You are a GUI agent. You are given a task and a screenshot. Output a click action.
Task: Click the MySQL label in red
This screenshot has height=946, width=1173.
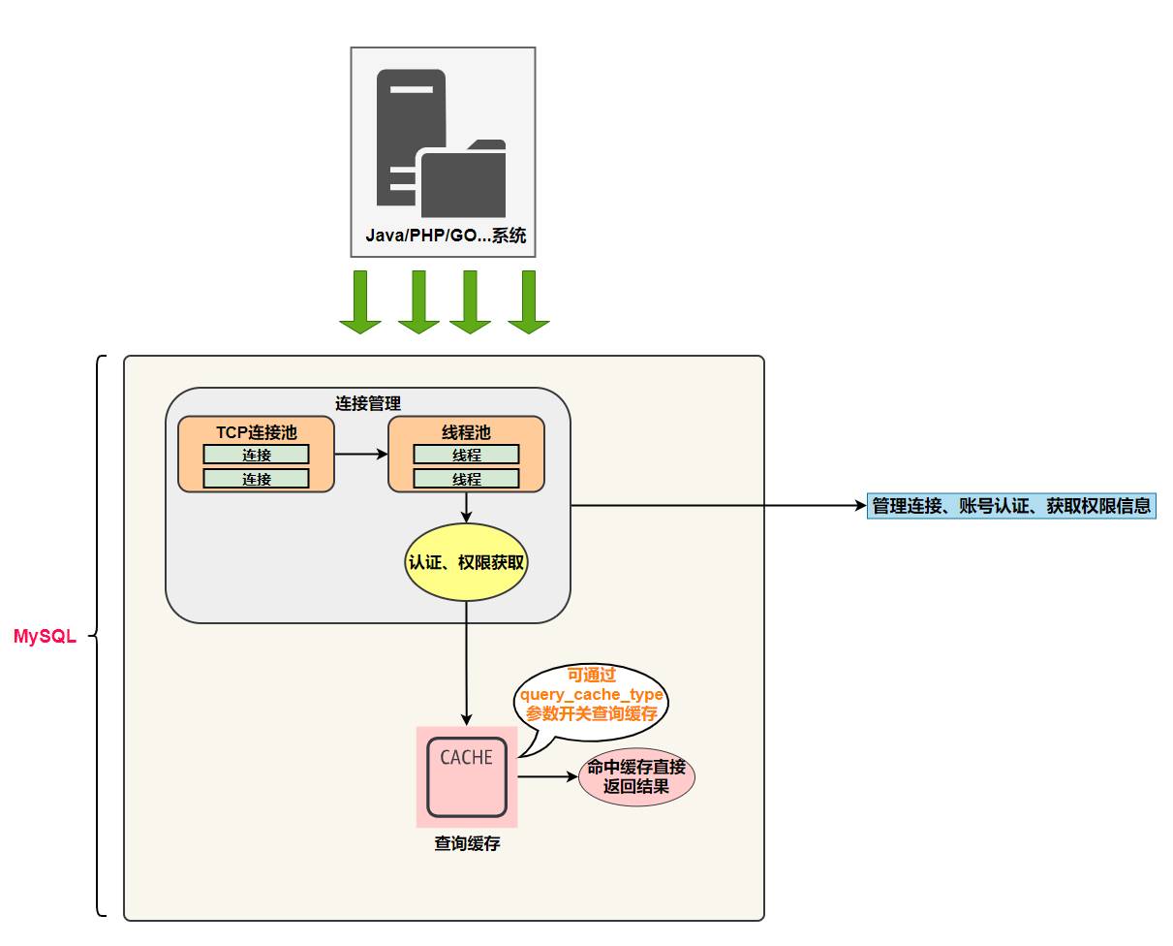tap(45, 637)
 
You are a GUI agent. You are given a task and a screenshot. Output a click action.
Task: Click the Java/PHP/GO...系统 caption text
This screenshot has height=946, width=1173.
tap(446, 236)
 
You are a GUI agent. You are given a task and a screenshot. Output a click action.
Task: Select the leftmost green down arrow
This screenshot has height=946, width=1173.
tap(360, 301)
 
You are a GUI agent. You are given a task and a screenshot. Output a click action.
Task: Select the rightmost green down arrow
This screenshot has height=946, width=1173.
tap(529, 301)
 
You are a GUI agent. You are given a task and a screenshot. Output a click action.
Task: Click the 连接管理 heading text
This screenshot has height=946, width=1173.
tap(368, 403)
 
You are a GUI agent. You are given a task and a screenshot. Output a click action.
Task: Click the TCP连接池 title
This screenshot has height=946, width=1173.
tap(257, 432)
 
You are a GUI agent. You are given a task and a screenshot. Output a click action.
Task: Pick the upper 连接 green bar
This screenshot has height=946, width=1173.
tap(257, 455)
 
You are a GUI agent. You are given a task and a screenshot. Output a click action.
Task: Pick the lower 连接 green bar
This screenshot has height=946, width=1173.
tap(257, 479)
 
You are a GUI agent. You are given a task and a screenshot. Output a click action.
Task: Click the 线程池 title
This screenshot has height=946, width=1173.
tap(466, 432)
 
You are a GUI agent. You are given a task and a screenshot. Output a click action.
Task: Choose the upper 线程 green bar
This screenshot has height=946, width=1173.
tap(466, 455)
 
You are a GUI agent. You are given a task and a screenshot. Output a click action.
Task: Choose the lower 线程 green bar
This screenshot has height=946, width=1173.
tap(466, 479)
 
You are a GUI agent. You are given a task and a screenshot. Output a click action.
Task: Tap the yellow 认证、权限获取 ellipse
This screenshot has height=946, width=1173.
tap(466, 562)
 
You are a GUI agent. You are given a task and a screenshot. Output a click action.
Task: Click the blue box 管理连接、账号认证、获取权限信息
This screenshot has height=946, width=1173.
tap(1011, 506)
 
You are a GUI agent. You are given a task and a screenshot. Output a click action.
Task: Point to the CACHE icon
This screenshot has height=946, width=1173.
tap(467, 776)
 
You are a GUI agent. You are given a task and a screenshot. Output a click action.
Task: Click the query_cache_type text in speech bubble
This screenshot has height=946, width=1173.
tap(592, 694)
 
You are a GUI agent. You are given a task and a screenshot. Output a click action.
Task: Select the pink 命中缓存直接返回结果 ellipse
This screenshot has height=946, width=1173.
tap(636, 776)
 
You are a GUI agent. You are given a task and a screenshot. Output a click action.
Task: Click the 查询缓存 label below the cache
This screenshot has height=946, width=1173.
tap(467, 843)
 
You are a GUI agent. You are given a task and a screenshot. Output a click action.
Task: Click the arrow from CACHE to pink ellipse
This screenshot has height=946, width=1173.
tap(546, 776)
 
